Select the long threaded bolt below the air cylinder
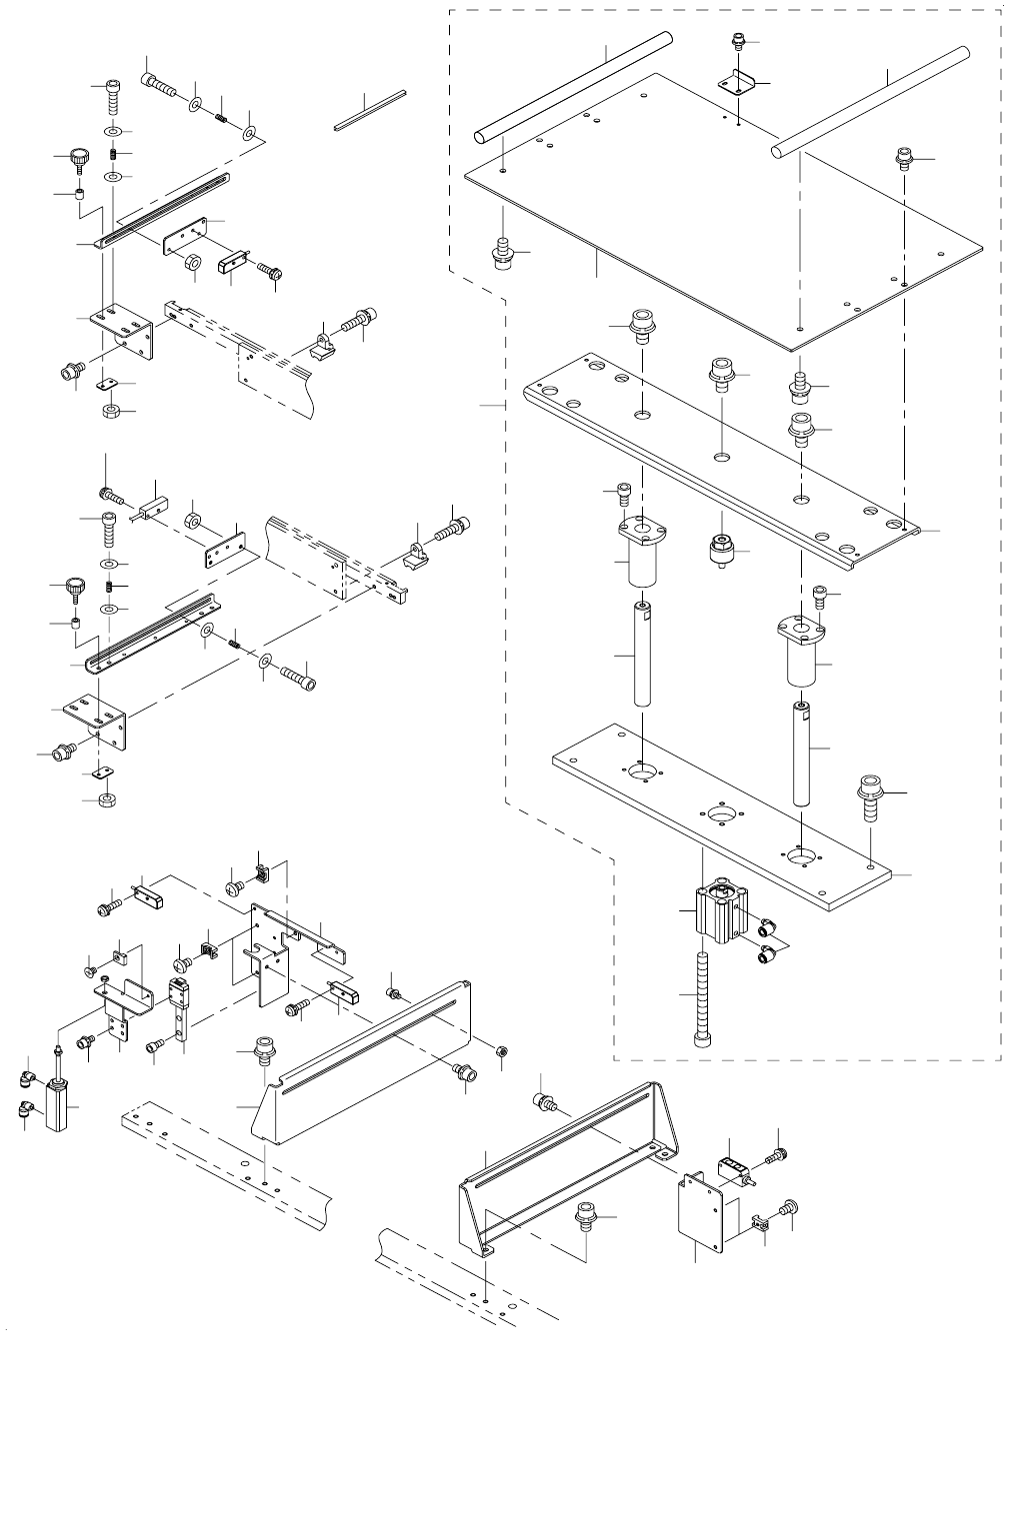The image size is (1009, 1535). (701, 999)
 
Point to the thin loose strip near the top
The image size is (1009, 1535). (370, 110)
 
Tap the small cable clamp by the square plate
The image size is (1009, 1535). (759, 1221)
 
